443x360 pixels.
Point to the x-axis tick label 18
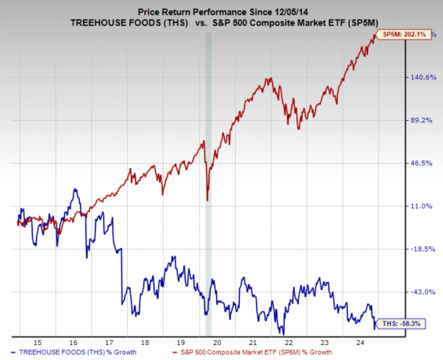click(145, 342)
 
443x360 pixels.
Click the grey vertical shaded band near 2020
click(209, 179)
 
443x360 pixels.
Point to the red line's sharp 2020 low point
click(207, 200)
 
